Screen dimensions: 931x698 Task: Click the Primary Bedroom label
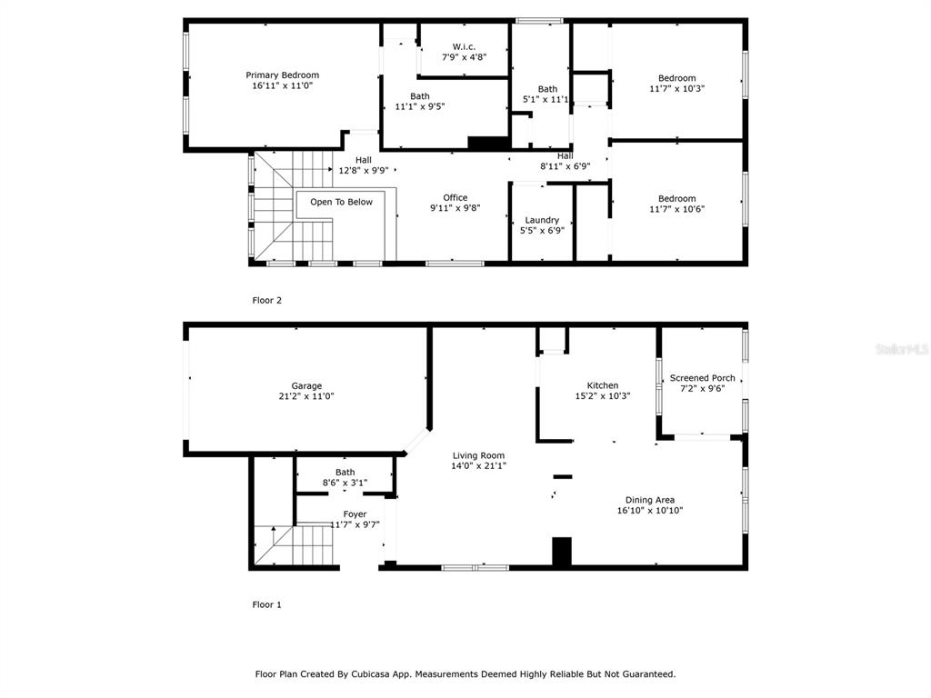(283, 75)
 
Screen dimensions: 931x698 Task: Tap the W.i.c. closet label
(464, 46)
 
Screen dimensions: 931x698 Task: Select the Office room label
(455, 197)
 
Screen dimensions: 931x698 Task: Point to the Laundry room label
(542, 220)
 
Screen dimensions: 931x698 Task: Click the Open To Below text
(342, 202)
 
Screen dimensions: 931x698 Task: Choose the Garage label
(306, 385)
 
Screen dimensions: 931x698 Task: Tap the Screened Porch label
(703, 377)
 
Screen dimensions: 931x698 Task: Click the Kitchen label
(603, 385)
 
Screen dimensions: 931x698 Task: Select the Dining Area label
(650, 500)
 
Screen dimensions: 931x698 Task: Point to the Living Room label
(478, 455)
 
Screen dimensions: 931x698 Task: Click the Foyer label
(355, 514)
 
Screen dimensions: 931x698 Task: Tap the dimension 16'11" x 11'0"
(283, 85)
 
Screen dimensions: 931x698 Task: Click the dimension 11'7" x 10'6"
(676, 209)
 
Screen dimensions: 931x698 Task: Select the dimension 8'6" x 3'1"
(345, 484)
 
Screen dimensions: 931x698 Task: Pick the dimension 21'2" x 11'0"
(306, 396)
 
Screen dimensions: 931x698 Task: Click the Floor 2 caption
(267, 300)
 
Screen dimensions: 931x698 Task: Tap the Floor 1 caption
(267, 604)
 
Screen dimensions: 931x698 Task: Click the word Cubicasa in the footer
(371, 674)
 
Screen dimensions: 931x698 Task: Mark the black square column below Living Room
(562, 552)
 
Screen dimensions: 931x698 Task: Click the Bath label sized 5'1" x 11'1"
(547, 89)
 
